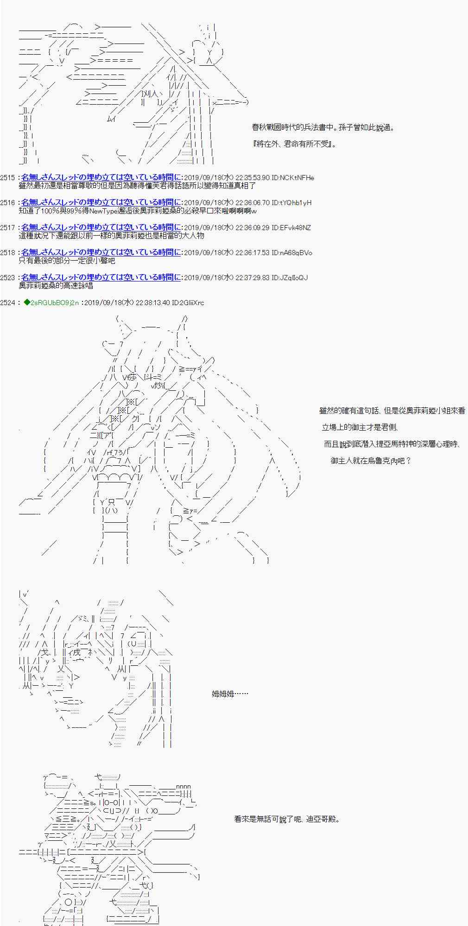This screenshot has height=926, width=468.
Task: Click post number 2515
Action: click(x=8, y=177)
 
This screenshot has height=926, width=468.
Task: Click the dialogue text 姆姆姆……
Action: click(x=230, y=694)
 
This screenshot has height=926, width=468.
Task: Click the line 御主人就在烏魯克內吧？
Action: click(x=371, y=461)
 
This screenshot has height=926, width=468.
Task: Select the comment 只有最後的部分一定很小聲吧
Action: click(x=67, y=261)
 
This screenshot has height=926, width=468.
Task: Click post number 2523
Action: click(x=8, y=277)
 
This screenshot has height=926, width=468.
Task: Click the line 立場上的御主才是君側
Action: click(x=360, y=427)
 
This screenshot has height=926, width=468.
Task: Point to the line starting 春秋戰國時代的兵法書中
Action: click(x=323, y=127)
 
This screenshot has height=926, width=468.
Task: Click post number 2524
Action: click(x=8, y=302)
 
